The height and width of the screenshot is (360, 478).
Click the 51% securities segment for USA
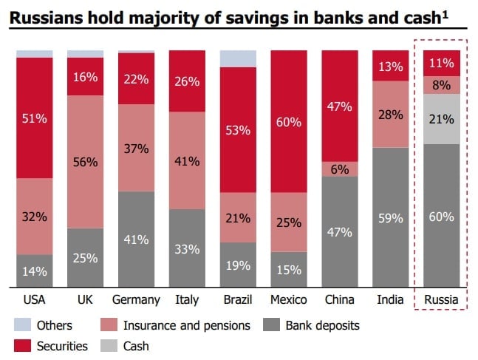pos(34,118)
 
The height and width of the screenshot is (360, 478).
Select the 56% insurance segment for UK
pos(85,161)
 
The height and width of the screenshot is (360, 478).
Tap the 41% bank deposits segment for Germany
pos(136,239)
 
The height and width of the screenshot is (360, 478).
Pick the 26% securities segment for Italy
pos(187,81)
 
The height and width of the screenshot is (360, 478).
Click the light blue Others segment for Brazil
pos(238,58)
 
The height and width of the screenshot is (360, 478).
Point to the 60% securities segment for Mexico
pos(289,121)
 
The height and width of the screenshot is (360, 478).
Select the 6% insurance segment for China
pos(340,169)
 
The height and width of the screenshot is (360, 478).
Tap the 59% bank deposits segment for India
pos(391,217)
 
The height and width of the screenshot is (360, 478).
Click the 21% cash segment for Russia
pos(442,119)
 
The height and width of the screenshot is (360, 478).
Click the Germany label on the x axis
pos(136,299)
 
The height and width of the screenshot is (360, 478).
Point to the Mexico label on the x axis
pos(289,299)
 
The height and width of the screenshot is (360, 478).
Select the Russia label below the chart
pos(442,299)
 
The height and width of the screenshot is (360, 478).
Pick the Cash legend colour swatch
pos(115,344)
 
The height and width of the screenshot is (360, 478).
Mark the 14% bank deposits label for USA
pos(34,271)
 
